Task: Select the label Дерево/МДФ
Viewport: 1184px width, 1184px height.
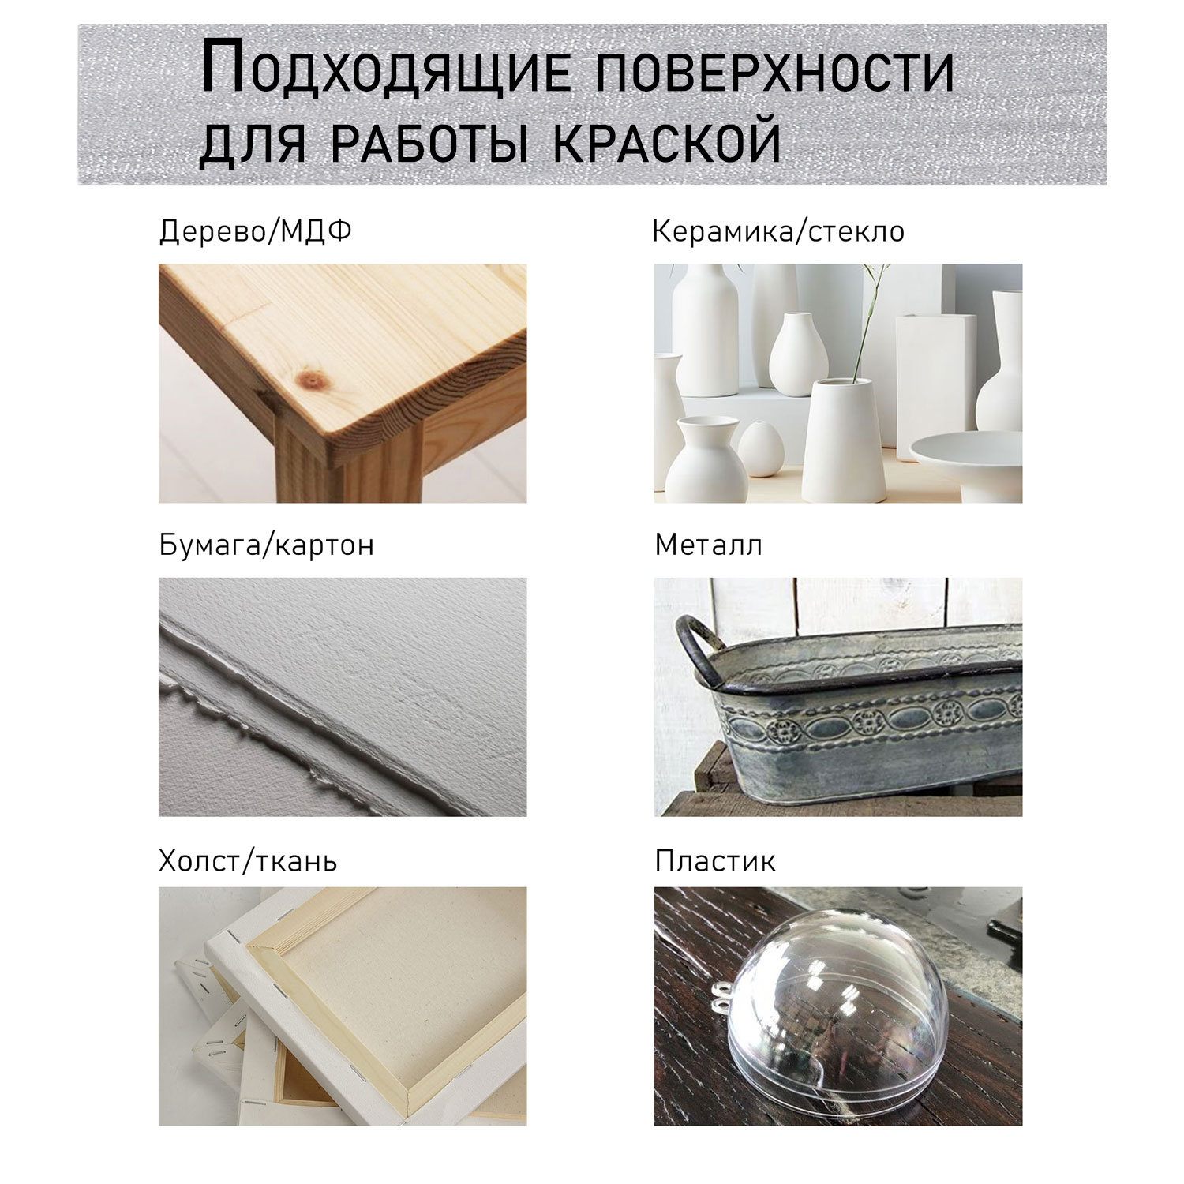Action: tap(256, 232)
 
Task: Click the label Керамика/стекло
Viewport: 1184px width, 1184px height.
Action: tap(779, 231)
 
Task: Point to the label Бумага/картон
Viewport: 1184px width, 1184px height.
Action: tap(267, 545)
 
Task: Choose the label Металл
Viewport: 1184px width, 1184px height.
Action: tap(709, 545)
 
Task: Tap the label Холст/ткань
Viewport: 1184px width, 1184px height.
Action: tap(248, 860)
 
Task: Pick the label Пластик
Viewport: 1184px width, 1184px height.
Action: tap(715, 860)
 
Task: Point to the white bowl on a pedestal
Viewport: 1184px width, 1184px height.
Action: tap(966, 466)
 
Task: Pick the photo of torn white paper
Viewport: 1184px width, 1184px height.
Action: tap(343, 697)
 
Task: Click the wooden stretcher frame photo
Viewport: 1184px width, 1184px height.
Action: tap(343, 1006)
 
